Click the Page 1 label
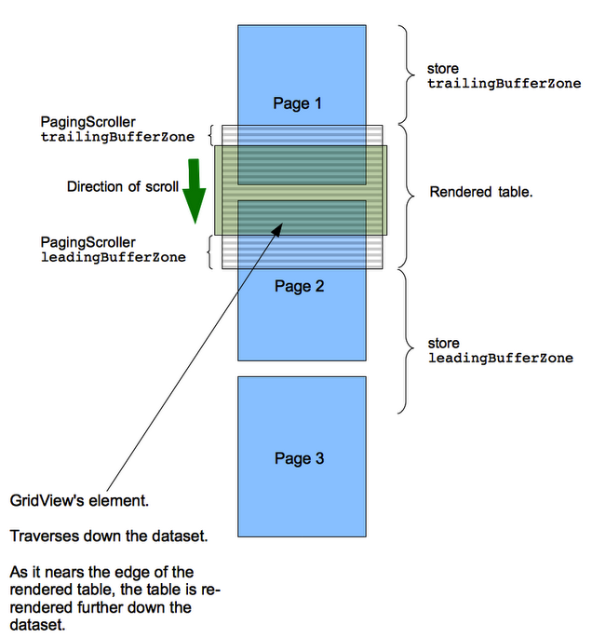pyautogui.click(x=297, y=103)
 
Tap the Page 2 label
pyautogui.click(x=299, y=286)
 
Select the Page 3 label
pyautogui.click(x=299, y=458)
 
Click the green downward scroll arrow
pyautogui.click(x=195, y=191)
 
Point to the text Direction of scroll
pyautogui.click(x=123, y=187)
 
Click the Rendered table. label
pyautogui.click(x=481, y=192)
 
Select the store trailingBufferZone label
pyautogui.click(x=505, y=76)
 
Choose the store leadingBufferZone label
pyautogui.click(x=501, y=351)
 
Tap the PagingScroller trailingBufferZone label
pyautogui.click(x=117, y=129)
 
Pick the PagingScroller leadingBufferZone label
pyautogui.click(x=113, y=250)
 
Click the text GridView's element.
pyautogui.click(x=79, y=500)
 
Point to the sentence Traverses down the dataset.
pyautogui.click(x=109, y=536)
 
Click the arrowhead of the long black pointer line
pyautogui.click(x=277, y=228)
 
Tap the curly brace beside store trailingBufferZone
pyautogui.click(x=407, y=75)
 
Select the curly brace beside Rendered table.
pyautogui.click(x=407, y=197)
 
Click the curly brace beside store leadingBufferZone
pyautogui.click(x=407, y=341)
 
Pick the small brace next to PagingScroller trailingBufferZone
pyautogui.click(x=210, y=135)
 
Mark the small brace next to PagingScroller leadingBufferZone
pyautogui.click(x=210, y=251)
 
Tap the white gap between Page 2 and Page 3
pyautogui.click(x=302, y=369)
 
